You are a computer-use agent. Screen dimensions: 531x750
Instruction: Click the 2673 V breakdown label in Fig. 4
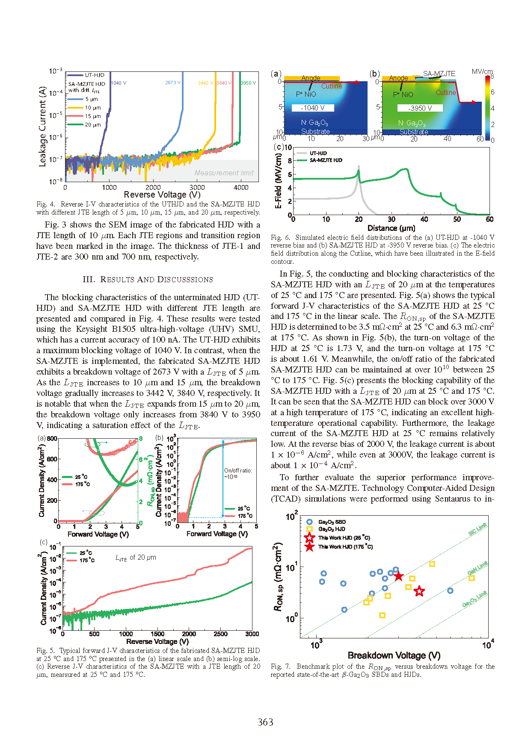(173, 83)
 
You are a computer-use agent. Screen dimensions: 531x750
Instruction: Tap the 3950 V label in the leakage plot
(248, 83)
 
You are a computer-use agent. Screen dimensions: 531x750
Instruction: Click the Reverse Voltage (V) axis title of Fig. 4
(162, 195)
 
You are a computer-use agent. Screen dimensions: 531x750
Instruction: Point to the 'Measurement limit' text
(224, 173)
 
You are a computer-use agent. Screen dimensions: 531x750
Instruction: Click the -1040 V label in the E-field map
(313, 108)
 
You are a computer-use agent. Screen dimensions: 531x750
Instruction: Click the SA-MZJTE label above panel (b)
(439, 74)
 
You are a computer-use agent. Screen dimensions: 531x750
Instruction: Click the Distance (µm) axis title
(391, 228)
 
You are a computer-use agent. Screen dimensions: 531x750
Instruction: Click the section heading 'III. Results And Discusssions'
(148, 280)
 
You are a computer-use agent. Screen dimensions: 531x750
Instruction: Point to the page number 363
(265, 722)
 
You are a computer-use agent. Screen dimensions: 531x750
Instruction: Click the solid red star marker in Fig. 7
(398, 576)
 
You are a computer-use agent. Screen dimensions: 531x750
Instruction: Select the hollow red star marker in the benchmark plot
(419, 591)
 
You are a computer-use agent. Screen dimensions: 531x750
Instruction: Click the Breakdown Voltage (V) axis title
(394, 656)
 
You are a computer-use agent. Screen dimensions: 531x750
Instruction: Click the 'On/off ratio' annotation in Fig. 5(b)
(238, 473)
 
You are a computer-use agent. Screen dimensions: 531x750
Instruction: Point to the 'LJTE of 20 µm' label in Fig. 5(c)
(136, 558)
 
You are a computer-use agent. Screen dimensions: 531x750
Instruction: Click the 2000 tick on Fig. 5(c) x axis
(189, 634)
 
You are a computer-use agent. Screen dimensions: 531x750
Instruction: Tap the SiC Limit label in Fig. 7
(478, 529)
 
